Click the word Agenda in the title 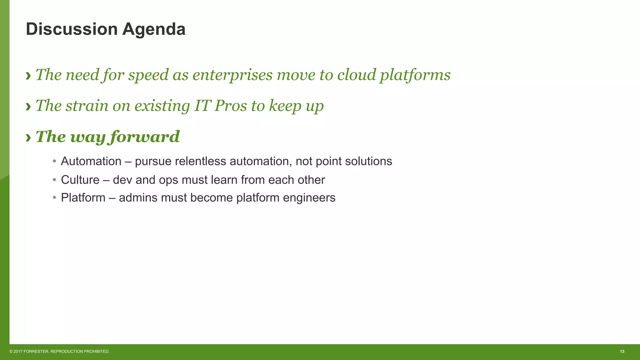(x=154, y=29)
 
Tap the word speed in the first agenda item (x=148, y=75)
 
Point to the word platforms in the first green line (x=415, y=75)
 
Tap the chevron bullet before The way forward (x=28, y=137)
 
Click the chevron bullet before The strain (x=28, y=107)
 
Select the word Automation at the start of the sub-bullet (x=91, y=161)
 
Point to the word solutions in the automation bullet (x=368, y=161)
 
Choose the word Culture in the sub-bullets (x=80, y=180)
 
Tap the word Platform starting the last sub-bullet (x=83, y=198)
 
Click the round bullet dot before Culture (x=54, y=180)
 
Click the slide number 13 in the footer (x=622, y=352)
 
